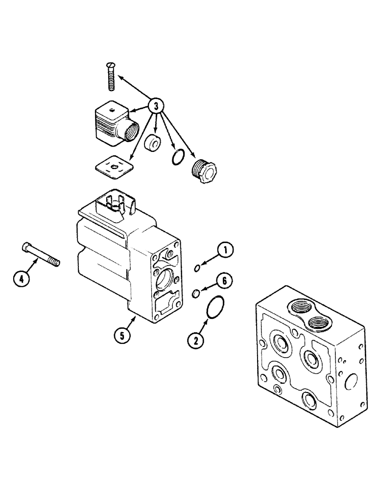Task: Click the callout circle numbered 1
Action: (225, 251)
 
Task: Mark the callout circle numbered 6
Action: (224, 281)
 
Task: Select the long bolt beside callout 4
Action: (41, 255)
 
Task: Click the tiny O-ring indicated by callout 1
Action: (196, 268)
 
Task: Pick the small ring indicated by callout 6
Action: (195, 294)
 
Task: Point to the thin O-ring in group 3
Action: (178, 157)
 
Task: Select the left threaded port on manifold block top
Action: (298, 308)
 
